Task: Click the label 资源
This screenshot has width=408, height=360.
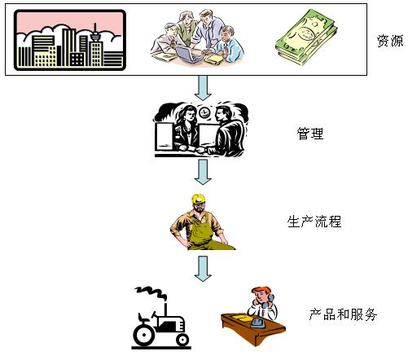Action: [390, 41]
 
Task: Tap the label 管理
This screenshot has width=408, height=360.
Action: [310, 134]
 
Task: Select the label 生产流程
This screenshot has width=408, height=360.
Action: [314, 222]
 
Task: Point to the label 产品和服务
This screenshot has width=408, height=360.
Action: [343, 314]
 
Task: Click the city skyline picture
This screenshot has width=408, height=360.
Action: [70, 40]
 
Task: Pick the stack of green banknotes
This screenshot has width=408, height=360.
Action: [306, 37]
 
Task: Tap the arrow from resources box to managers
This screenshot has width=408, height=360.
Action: [203, 88]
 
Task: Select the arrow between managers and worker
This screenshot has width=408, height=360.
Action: [203, 172]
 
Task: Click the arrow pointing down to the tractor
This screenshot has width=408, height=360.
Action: [203, 269]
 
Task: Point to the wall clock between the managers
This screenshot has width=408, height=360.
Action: [204, 112]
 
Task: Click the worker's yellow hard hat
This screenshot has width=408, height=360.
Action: [199, 199]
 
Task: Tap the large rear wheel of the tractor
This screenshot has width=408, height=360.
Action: [143, 334]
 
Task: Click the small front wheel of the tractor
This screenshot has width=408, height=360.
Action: [182, 339]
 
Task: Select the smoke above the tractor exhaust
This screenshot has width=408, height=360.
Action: [151, 292]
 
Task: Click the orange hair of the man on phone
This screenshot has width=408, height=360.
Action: [261, 290]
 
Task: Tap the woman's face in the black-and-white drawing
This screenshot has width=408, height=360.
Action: [191, 116]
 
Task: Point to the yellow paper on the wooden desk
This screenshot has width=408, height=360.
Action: [238, 317]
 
